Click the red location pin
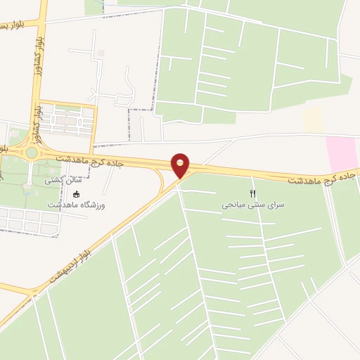click(181, 165)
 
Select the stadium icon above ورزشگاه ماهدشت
click(77, 194)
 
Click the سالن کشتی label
click(65, 181)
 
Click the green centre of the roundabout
click(31, 152)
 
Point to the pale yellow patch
click(313, 120)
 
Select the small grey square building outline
click(101, 53)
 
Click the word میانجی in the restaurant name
click(236, 205)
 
